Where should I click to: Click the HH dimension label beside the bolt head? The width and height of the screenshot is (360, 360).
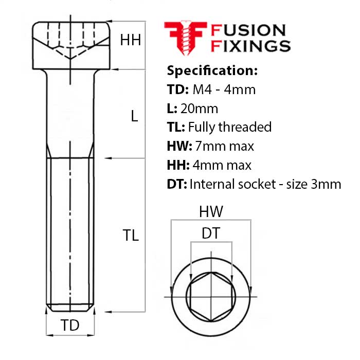(131, 40)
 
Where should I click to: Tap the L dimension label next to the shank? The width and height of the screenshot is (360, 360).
(134, 116)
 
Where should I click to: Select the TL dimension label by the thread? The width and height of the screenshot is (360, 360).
(131, 235)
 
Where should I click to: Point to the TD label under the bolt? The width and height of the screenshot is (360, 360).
(70, 325)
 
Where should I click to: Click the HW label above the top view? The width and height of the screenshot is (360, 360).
(211, 211)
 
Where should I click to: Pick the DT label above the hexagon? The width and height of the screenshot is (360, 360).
(211, 233)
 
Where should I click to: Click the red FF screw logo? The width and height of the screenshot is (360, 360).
(186, 38)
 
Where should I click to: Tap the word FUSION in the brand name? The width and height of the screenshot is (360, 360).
(248, 30)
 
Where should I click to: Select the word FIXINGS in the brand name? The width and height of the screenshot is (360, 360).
(250, 46)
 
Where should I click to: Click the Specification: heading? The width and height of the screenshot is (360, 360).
(212, 70)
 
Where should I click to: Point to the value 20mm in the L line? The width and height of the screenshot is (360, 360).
(199, 109)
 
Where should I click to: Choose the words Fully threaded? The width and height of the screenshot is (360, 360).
(229, 128)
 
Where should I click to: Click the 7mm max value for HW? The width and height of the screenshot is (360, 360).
(224, 146)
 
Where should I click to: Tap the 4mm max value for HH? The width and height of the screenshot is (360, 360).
(222, 165)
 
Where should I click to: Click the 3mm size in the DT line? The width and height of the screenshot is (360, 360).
(326, 184)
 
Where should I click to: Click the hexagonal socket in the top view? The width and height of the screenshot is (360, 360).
(211, 297)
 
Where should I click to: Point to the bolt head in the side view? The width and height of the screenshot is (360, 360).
(71, 45)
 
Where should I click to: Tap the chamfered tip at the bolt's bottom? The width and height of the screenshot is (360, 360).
(70, 308)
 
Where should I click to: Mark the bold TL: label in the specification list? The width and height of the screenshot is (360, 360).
(176, 127)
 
